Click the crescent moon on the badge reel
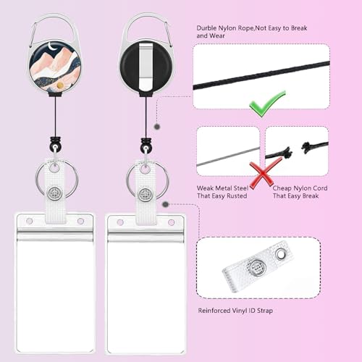click(x=52, y=46)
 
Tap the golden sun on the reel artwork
click(x=61, y=85)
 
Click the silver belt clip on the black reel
click(x=146, y=66)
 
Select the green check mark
click(x=267, y=104)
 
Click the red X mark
click(x=265, y=173)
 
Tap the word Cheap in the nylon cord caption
click(x=282, y=188)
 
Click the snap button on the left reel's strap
click(x=54, y=193)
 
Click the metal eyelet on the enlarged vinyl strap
click(x=281, y=254)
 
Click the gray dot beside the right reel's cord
click(x=157, y=127)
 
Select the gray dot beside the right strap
click(x=165, y=204)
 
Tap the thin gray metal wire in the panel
click(x=228, y=157)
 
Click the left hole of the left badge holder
click(x=30, y=221)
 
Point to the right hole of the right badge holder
click(x=171, y=222)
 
